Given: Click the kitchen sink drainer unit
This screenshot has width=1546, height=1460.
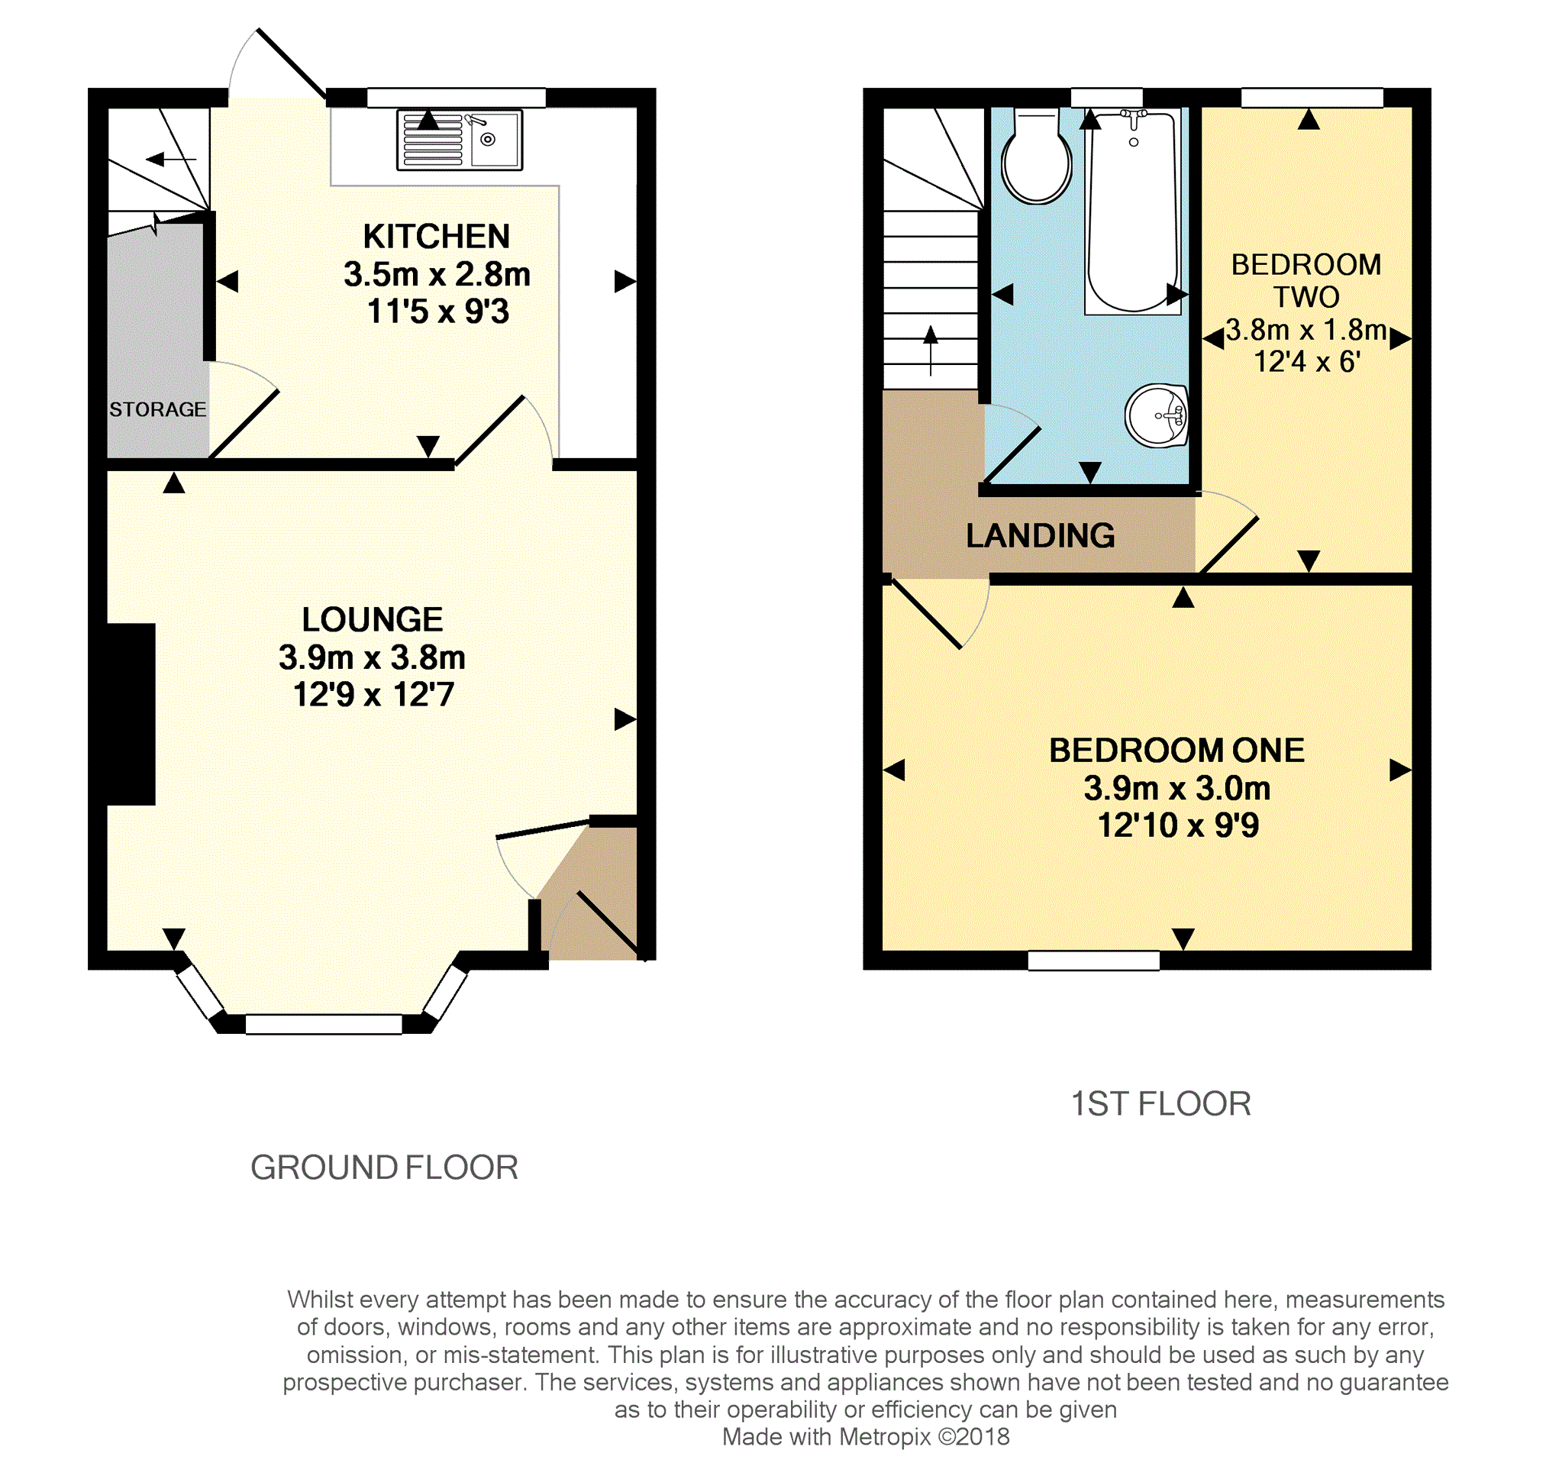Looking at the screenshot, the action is (x=459, y=140).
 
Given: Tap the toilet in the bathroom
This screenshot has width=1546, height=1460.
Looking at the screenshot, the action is (x=1036, y=156).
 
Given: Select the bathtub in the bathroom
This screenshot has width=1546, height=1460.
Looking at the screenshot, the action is (x=1133, y=211).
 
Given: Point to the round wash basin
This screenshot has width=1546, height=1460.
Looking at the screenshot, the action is (x=1156, y=415).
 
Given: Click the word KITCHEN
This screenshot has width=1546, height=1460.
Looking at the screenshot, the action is (x=437, y=237).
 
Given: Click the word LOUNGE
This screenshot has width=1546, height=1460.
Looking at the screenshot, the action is (x=373, y=619).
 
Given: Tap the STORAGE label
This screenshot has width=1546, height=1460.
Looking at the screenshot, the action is (x=158, y=409).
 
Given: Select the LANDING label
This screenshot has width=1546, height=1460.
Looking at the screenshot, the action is (x=1041, y=535).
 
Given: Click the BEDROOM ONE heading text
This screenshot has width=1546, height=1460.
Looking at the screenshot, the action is (x=1176, y=750).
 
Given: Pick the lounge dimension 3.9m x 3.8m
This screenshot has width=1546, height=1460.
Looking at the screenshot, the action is (x=372, y=657).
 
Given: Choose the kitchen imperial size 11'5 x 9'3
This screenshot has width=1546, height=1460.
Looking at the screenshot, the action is (x=438, y=312).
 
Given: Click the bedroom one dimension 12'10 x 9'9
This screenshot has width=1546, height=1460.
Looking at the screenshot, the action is (x=1177, y=825).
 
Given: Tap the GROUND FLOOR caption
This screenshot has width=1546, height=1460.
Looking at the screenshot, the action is (x=384, y=1168).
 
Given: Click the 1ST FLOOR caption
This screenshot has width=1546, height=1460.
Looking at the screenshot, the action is (x=1161, y=1103).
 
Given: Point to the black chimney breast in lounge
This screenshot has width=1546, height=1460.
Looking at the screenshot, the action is (x=131, y=714).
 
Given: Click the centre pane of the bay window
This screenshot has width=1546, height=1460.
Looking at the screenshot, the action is (x=324, y=1023).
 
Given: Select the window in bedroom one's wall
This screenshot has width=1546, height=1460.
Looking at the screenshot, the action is (x=1093, y=961).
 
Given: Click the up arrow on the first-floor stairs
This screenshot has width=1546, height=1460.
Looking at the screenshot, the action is (x=931, y=350).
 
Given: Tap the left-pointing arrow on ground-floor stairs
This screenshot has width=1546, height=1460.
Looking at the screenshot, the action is (x=171, y=160).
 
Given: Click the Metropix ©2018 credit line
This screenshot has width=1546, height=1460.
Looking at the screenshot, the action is (x=865, y=1436).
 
